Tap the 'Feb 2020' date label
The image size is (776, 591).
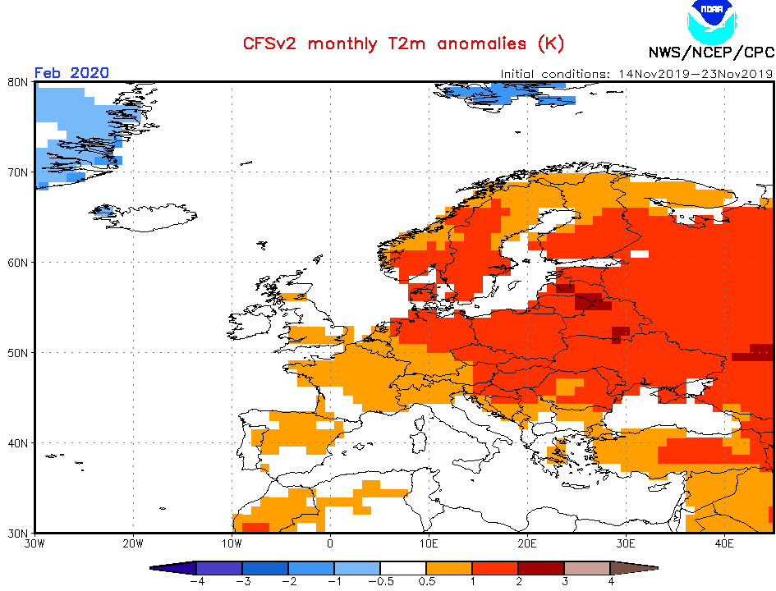[x=71, y=72]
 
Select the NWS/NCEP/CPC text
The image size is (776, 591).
[x=710, y=53]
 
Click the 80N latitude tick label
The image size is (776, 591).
[x=19, y=82]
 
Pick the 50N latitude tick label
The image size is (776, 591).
[x=19, y=353]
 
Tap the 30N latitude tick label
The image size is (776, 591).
[x=19, y=533]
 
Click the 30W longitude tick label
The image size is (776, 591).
[x=34, y=543]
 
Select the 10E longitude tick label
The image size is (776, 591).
[x=429, y=543]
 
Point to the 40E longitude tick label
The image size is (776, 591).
[x=724, y=543]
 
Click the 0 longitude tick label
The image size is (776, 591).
[x=330, y=543]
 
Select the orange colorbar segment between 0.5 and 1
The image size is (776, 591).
[x=448, y=568]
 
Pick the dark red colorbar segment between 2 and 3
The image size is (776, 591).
[x=540, y=568]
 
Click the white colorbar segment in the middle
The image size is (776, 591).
[x=402, y=568]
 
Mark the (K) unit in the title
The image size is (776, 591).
[x=550, y=44]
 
